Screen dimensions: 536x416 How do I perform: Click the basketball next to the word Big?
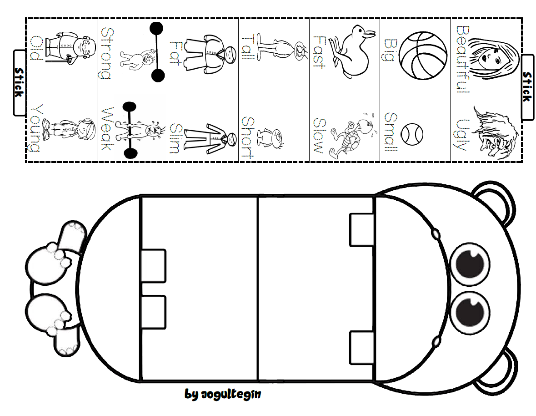point(423,56)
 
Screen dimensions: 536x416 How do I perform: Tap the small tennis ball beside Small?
point(412,134)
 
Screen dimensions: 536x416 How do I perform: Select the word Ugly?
point(462,135)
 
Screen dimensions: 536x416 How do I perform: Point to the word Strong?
point(106,53)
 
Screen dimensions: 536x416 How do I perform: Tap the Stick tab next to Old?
point(20,82)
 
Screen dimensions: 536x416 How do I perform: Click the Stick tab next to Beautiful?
point(527,87)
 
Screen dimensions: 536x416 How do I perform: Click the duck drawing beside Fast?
point(352,51)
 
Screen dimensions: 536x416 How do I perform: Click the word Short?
point(247,137)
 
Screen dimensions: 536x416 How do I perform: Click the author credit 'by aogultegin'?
point(223,394)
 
